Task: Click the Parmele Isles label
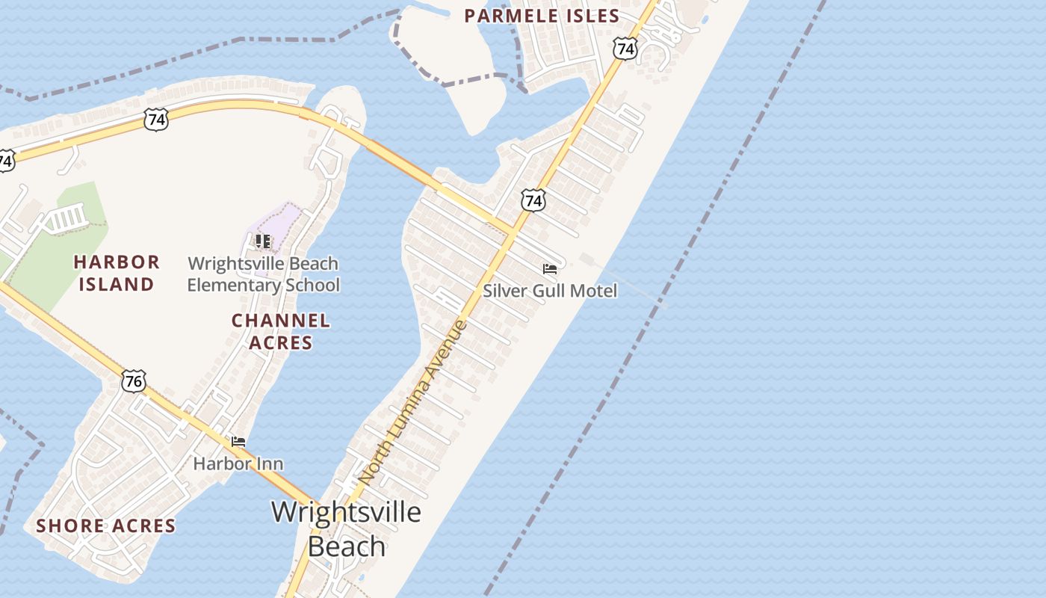[x=542, y=16]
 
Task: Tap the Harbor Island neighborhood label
[x=117, y=273]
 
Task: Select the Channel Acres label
[x=280, y=331]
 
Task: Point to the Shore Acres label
[x=106, y=525]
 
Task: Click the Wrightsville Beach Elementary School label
[x=263, y=274]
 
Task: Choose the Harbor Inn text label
[x=238, y=463]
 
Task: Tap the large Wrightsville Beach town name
[x=346, y=528]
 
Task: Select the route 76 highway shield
[x=134, y=381]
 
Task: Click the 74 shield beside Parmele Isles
[x=625, y=49]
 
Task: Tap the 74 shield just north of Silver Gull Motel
[x=533, y=200]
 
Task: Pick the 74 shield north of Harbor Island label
[x=156, y=120]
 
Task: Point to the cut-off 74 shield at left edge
[x=5, y=160]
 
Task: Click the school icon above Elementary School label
[x=263, y=241]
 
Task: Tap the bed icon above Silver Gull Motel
[x=550, y=269]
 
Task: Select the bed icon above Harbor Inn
[x=238, y=442]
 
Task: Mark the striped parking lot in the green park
[x=68, y=218]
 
